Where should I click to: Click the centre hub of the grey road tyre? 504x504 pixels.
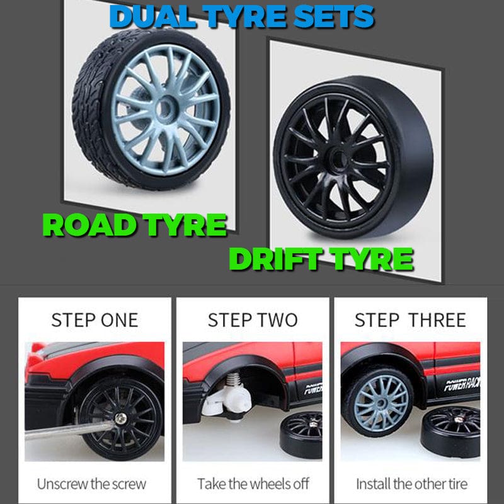(x=164, y=108)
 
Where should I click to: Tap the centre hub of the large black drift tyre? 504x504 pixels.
(x=336, y=158)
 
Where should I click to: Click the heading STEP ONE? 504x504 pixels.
(x=95, y=320)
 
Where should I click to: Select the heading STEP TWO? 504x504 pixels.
(x=253, y=320)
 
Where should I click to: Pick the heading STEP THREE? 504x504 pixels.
(x=410, y=320)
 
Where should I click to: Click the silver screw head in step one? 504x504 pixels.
(x=121, y=418)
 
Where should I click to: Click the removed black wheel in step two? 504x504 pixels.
(x=301, y=435)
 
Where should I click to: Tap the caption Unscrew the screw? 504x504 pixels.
(x=91, y=484)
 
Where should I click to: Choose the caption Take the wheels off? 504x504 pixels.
(x=253, y=484)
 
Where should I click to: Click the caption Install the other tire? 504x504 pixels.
(x=412, y=484)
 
